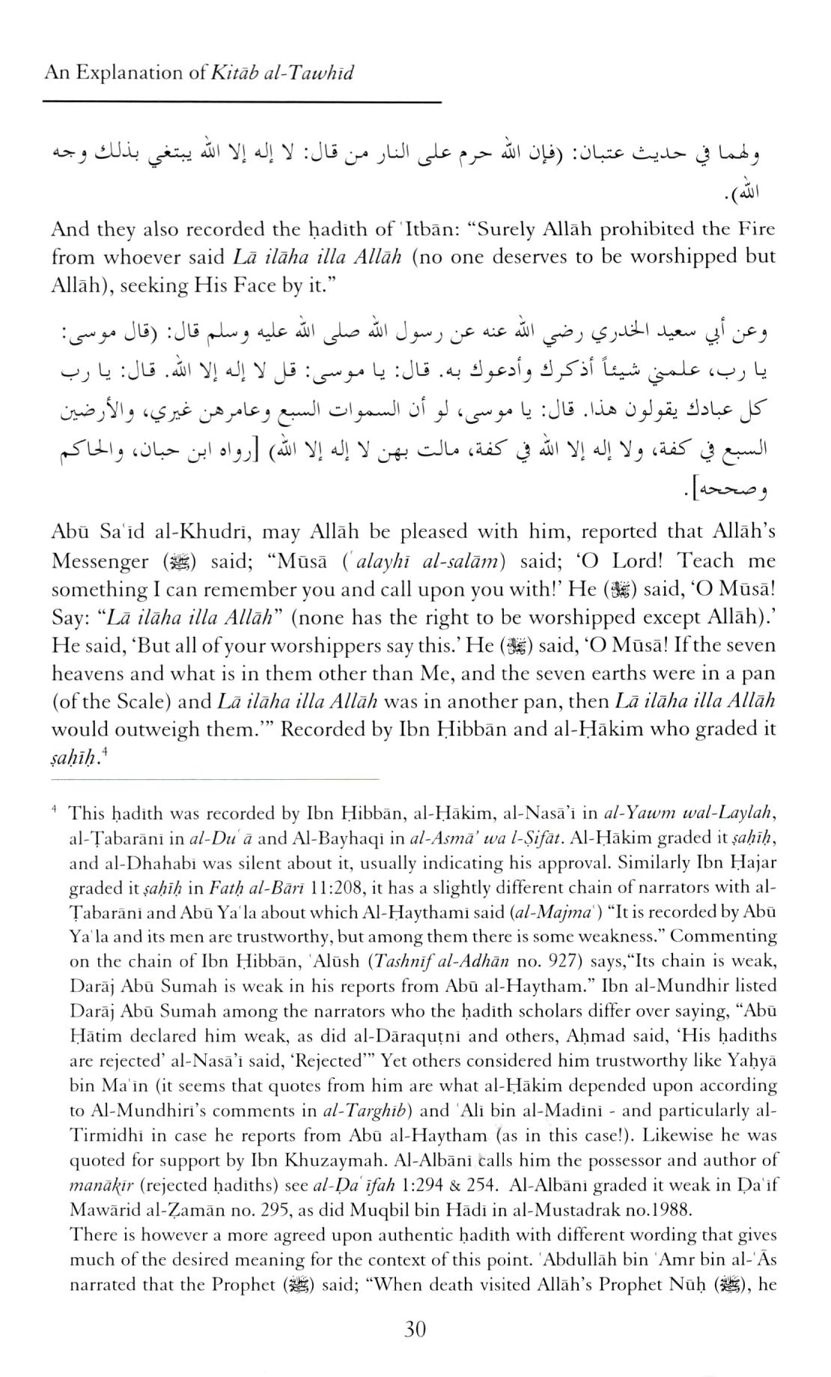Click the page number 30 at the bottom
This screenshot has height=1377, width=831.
click(x=415, y=1330)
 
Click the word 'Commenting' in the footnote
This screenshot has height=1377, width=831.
click(x=723, y=936)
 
